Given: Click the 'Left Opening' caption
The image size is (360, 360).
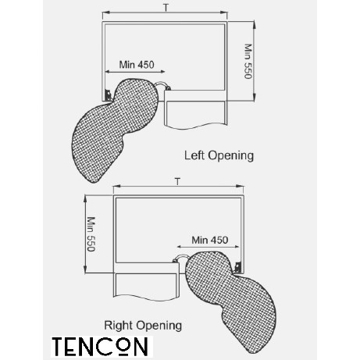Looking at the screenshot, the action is pos(219,156).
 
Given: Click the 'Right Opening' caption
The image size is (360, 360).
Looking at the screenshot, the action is pos(143,326).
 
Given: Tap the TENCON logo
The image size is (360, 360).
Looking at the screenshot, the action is pos(100,347).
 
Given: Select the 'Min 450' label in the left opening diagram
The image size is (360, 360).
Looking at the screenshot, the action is pos(137,65).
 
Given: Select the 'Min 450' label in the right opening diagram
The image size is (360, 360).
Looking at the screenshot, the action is pos(210,240).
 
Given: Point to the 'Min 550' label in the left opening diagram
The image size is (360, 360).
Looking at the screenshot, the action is pos(248,61).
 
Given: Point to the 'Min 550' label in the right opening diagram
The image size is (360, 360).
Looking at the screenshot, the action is pos(91,234).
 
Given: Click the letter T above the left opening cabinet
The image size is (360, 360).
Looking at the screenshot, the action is pos(166,8).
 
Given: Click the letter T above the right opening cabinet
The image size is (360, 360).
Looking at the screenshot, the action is pos(177,181).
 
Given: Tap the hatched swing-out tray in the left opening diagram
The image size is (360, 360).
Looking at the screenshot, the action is pos(115,127).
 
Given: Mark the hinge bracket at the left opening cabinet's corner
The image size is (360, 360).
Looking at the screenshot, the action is pos(108,94).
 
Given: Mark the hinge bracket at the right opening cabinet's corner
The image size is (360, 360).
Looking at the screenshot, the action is pos(237,267).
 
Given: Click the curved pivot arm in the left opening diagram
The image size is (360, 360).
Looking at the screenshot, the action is pos(162,84).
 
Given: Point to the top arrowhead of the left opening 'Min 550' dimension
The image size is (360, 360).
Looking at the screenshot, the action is pos(254,25).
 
